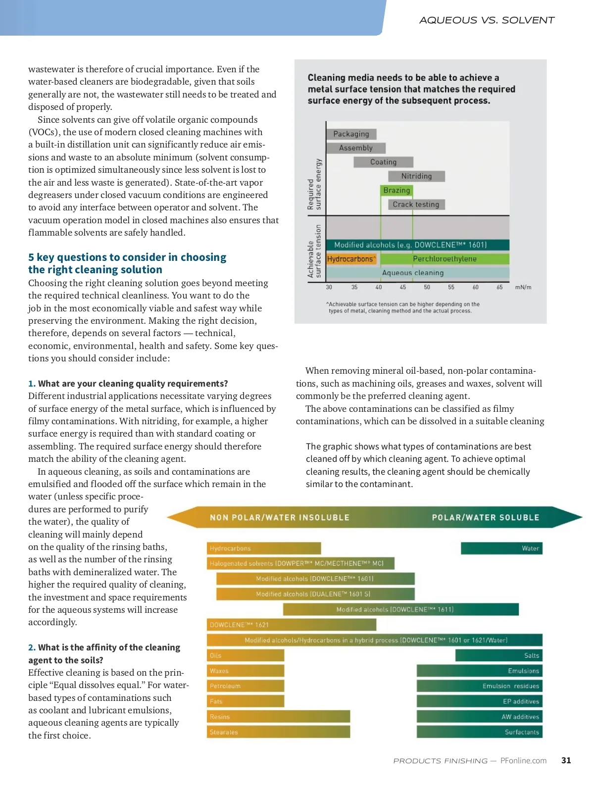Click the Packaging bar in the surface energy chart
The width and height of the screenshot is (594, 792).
351,134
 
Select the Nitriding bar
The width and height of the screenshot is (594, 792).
416,176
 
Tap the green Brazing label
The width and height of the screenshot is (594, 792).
396,191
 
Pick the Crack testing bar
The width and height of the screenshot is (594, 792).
416,204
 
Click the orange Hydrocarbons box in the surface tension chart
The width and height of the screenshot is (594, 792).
351,259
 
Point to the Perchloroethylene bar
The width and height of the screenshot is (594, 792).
445,259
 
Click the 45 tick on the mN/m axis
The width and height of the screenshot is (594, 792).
403,287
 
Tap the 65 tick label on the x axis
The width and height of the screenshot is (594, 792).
499,287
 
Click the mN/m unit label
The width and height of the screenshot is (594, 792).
523,287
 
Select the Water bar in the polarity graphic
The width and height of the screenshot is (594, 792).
501,548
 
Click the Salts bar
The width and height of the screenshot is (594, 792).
498,655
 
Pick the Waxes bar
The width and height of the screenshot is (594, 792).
246,671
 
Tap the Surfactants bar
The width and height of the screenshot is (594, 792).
479,732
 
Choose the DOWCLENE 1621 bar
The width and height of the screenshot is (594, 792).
291,625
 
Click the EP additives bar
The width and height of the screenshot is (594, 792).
479,701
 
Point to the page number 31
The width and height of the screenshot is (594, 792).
566,760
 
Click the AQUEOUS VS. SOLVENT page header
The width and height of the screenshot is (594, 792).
487,20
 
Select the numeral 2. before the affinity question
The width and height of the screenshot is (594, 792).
32,647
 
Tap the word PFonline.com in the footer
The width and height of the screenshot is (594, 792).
523,760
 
